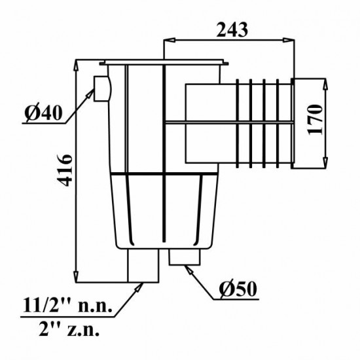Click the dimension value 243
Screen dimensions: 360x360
click(232, 30)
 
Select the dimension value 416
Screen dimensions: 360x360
click(65, 170)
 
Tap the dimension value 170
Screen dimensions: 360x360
click(315, 120)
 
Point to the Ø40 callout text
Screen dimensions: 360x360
click(43, 113)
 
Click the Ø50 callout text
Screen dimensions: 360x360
click(238, 289)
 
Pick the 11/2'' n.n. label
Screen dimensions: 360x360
click(67, 305)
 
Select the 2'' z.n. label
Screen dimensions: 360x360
click(69, 329)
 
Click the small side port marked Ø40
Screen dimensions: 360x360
click(102, 88)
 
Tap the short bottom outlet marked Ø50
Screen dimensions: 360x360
click(185, 257)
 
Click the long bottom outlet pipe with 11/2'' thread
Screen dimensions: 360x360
click(143, 265)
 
